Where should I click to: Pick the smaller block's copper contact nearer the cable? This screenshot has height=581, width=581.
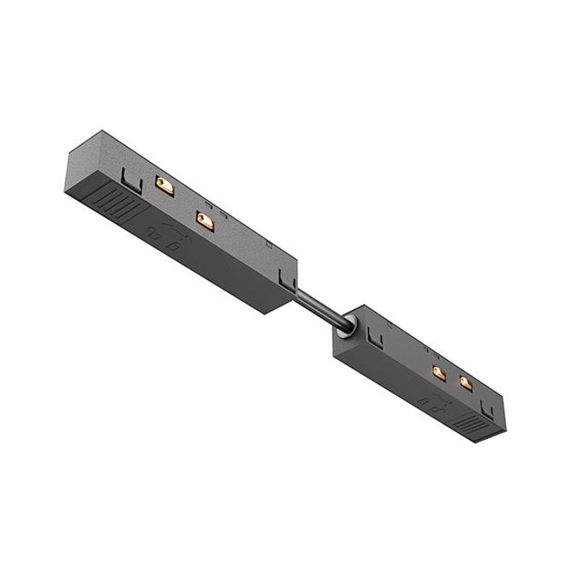(x=438, y=372)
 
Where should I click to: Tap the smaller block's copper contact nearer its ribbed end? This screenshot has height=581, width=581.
(x=466, y=382)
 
